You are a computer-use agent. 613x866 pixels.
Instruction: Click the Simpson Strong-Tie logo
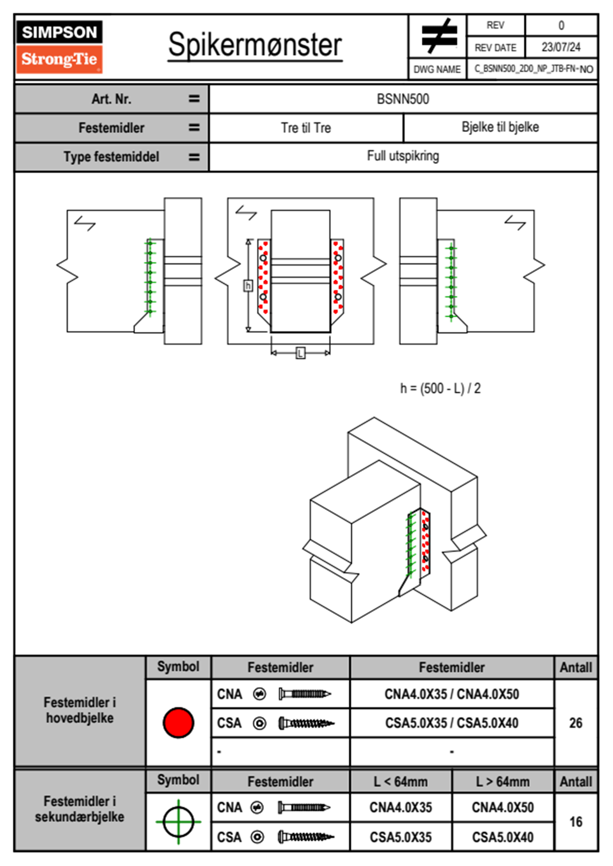point(59,46)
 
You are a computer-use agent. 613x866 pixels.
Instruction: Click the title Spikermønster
point(254,45)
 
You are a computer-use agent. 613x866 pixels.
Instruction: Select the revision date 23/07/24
point(560,47)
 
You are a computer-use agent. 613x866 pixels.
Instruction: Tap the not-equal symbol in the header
point(438,36)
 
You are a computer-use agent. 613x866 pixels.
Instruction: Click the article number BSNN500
point(403,99)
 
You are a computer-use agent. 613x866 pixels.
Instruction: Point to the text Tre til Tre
point(306,128)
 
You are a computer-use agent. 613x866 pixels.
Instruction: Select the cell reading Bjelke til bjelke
point(500,127)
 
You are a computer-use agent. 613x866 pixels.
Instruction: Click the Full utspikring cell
point(403,156)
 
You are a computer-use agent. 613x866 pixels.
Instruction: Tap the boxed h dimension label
point(248,285)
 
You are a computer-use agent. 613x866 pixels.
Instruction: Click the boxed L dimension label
point(300,353)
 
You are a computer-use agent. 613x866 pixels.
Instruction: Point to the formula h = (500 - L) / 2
point(440,388)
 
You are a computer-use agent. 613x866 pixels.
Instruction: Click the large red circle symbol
point(178,722)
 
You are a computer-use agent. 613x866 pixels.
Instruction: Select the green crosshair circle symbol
point(178,822)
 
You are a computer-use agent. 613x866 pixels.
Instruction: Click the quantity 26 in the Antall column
point(575,723)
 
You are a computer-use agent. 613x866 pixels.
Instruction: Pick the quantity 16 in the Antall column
point(575,822)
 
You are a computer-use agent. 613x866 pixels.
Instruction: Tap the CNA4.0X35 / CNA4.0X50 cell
point(452,694)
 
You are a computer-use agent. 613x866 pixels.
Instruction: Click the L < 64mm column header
point(400,782)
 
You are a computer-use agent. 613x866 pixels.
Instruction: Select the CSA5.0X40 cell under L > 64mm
point(502,837)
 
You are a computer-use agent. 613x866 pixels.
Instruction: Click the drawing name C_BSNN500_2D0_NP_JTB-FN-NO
point(533,69)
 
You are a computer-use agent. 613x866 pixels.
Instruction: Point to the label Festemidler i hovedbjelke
point(80,710)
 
